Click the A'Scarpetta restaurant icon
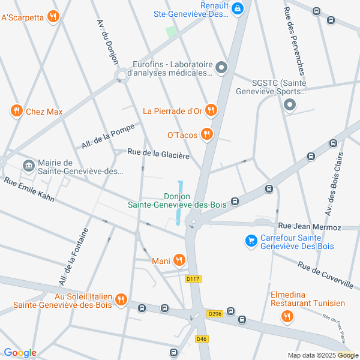(54, 17)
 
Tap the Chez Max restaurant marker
(16, 111)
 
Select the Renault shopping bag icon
(238, 8)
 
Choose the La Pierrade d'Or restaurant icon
(211, 110)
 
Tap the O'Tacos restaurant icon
(207, 134)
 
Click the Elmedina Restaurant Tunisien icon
(287, 316)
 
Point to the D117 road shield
(193, 279)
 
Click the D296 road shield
(214, 314)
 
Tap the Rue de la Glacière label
(158, 154)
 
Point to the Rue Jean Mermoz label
(310, 227)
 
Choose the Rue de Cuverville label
(325, 273)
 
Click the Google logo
(20, 353)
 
